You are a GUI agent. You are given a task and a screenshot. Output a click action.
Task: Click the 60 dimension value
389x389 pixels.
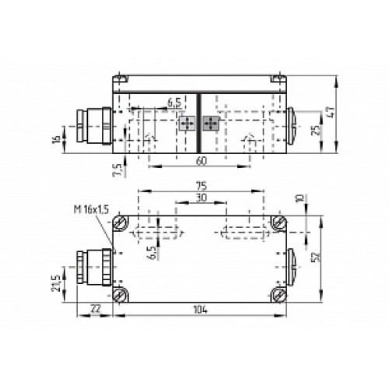[x=201, y=161]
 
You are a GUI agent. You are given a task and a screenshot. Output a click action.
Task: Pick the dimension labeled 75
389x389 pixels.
[x=201, y=187]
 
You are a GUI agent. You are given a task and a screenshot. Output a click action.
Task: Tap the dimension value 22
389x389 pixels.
[x=95, y=309]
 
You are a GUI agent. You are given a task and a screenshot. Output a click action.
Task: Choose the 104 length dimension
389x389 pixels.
[x=201, y=309]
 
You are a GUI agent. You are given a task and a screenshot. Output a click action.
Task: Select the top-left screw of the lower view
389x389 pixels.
[x=121, y=223]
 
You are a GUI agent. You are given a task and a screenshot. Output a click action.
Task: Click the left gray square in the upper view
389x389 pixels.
[x=187, y=123]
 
